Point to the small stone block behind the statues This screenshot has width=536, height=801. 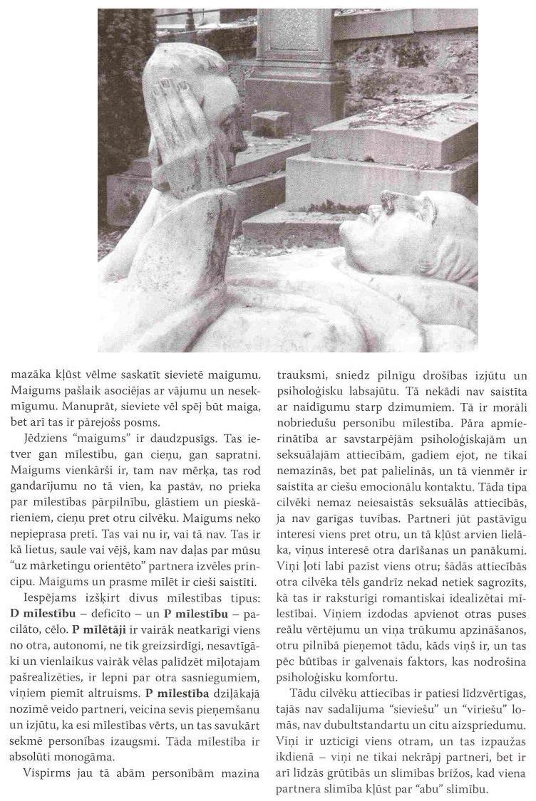point(270,125)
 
